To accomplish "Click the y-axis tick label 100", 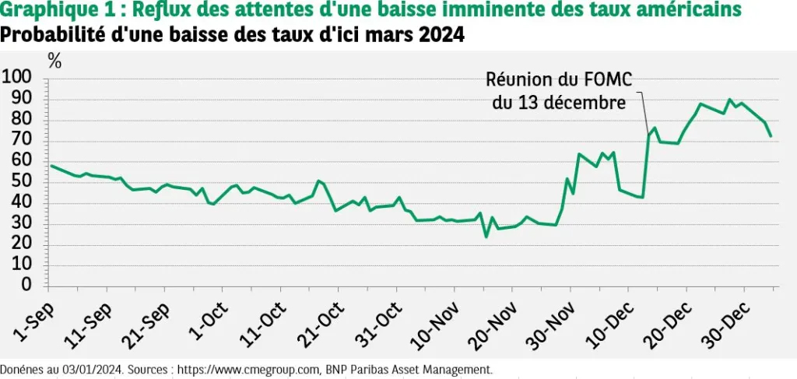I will click(x=19, y=77).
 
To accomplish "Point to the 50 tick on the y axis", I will click(x=23, y=181).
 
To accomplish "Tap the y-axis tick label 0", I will click(x=27, y=286).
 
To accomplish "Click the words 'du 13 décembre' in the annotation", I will click(x=559, y=103).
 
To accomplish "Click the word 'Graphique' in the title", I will click(x=43, y=11).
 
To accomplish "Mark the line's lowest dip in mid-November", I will click(x=486, y=236).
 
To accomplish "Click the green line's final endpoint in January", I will click(x=771, y=136).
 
